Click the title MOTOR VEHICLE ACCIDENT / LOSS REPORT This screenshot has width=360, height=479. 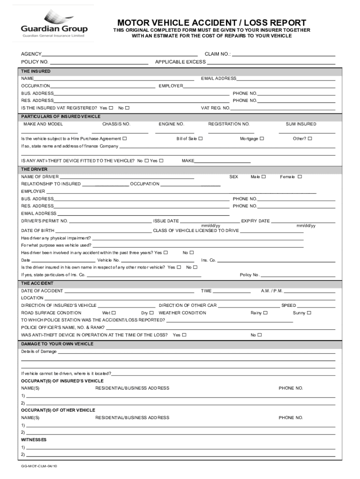(x=212, y=22)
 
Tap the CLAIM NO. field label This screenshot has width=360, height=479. (x=217, y=54)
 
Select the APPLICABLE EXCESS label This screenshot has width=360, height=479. (x=180, y=62)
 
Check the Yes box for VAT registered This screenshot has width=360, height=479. (x=111, y=108)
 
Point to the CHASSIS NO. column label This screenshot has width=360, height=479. (x=116, y=124)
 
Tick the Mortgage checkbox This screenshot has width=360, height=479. (x=262, y=138)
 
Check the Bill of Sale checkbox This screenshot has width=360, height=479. (x=200, y=138)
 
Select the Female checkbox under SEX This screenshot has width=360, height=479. (x=300, y=177)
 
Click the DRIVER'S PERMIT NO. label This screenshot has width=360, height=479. (x=44, y=221)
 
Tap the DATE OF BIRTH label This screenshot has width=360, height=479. (x=38, y=231)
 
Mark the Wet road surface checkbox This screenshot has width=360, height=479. (x=114, y=313)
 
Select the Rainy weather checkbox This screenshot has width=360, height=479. (x=266, y=313)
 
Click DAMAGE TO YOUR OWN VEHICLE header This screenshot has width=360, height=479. (x=57, y=344)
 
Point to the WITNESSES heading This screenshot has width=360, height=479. (x=34, y=440)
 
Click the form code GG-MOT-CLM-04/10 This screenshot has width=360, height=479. (x=39, y=467)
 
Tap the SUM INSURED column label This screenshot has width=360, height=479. (x=301, y=124)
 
